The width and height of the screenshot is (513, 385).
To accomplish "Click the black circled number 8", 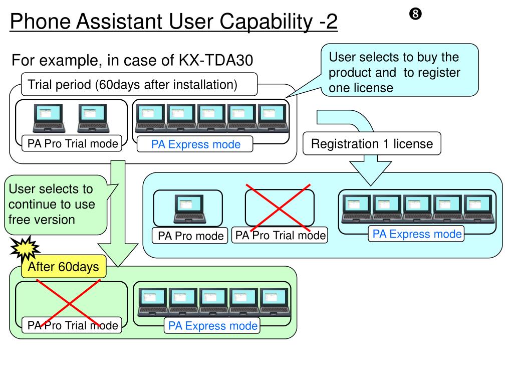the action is coord(415,14).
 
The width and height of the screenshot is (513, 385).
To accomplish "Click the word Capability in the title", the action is coord(266,22).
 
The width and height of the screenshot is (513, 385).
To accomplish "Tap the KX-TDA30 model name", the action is coord(215,60).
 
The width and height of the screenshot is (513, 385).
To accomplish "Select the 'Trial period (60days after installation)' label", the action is coord(132,84).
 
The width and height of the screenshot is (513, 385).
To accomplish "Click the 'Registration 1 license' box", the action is coord(372,143).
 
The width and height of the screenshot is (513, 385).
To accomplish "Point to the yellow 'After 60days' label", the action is coord(64,267).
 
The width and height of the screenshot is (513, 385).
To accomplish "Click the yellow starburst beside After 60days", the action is coord(25,249).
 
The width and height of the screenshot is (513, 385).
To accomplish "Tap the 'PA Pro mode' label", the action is coord(190,236).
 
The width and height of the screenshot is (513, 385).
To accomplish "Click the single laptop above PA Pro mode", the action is coord(190,209).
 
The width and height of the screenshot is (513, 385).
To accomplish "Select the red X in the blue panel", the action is coord(279,208).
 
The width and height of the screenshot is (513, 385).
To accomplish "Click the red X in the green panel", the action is coord(69,303).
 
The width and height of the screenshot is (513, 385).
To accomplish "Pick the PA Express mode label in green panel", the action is coord(212,326).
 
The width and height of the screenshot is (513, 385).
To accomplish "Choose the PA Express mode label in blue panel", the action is coord(416,234).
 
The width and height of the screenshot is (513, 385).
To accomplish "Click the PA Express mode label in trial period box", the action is coord(196,144).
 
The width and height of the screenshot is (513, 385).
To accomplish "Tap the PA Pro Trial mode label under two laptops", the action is coord(72,143).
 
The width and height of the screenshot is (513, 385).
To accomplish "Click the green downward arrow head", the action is coord(118,254).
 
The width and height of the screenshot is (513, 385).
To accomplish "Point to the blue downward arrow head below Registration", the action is coord(371,173).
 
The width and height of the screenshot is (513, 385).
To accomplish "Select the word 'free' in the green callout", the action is coord(20,220).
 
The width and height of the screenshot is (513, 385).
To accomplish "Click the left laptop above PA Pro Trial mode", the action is coord(49,118).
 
